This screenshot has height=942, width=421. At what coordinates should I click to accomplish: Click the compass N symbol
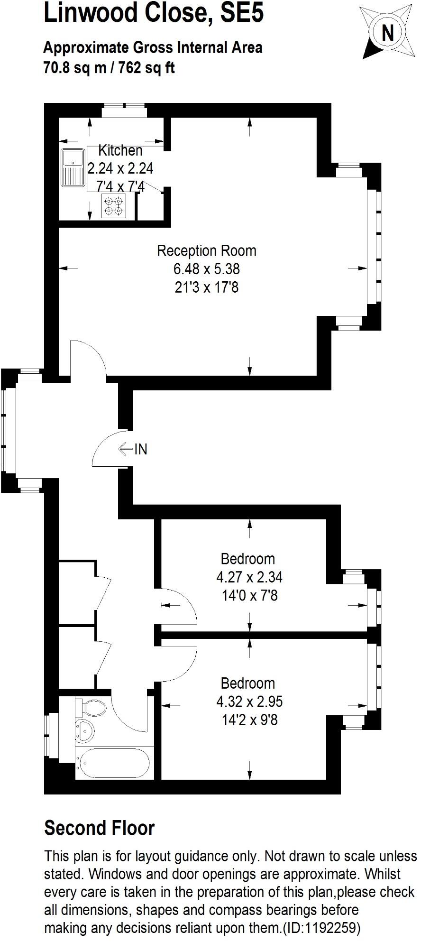tap(388, 33)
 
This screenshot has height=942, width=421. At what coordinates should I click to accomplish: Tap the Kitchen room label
tap(120, 150)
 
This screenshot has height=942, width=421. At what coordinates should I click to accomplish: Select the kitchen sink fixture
tap(73, 168)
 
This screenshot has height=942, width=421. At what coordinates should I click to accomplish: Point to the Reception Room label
tap(206, 250)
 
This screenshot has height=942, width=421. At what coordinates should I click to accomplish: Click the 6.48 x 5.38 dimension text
tap(206, 269)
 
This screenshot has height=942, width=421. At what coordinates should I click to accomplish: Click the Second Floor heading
tap(100, 828)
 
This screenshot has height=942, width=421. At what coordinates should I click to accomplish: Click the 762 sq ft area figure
tap(147, 68)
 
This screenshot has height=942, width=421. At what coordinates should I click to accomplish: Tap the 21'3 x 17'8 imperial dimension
tap(206, 287)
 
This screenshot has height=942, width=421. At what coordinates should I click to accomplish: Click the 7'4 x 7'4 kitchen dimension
tap(120, 186)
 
